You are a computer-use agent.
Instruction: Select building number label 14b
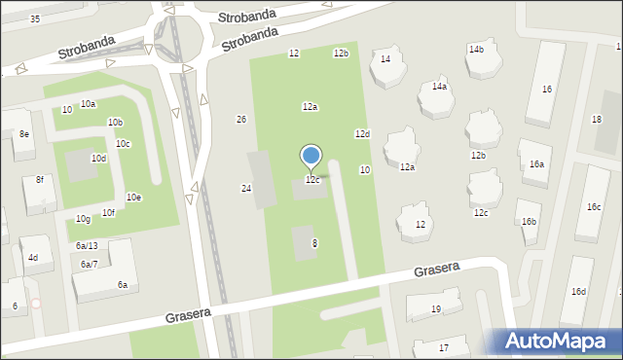476,49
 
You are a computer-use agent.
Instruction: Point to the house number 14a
440,87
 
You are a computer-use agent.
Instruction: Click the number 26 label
241,120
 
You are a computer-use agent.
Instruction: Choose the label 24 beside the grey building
246,188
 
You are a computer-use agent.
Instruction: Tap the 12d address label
362,133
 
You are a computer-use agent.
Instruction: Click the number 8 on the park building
314,243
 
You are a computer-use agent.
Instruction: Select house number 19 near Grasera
435,309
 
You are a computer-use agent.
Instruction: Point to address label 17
444,347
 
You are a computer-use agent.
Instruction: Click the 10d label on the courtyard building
98,158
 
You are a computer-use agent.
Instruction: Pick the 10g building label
83,219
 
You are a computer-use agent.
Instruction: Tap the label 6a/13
87,245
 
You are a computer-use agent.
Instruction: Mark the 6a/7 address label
90,265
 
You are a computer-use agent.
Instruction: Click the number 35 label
35,19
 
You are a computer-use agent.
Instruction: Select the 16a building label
536,164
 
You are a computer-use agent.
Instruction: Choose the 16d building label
578,292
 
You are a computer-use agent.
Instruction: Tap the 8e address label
23,133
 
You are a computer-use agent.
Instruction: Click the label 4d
33,258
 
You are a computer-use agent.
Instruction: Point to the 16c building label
594,207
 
